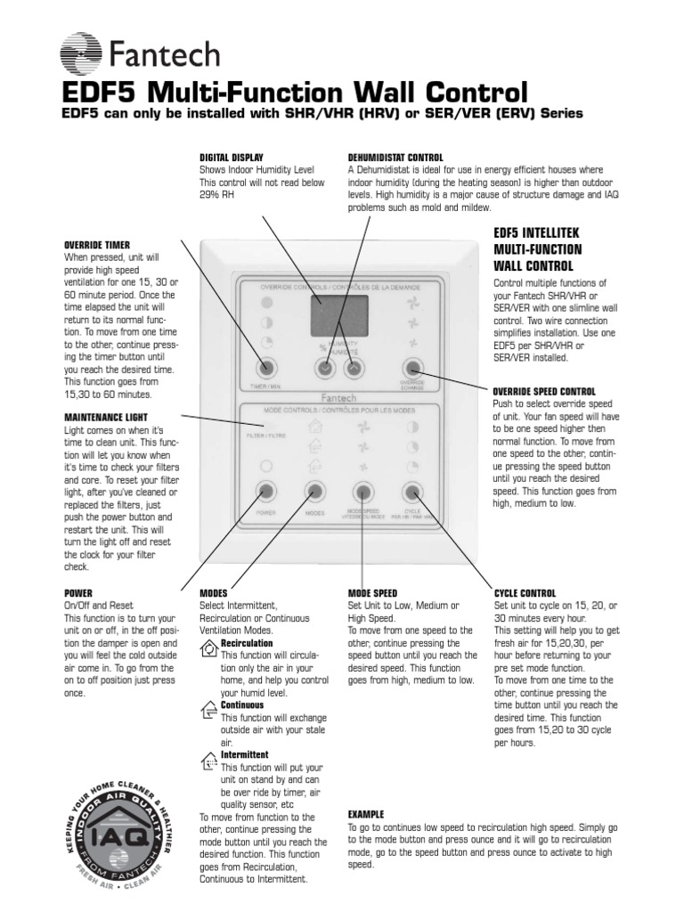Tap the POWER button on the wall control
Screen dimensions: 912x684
pos(265,491)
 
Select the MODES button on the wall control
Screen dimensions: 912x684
pos(313,491)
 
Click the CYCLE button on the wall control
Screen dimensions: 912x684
pos(411,491)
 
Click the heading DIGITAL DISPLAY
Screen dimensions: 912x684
pos(231,157)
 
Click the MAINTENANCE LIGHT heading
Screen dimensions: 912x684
pos(105,417)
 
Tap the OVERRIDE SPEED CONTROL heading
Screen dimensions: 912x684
pos(544,391)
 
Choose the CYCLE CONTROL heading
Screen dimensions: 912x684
pos(525,593)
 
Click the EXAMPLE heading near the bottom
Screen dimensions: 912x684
pos(366,814)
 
